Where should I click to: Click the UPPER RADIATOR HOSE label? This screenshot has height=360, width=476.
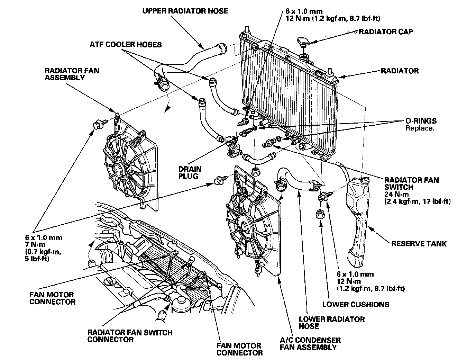click(x=185, y=11)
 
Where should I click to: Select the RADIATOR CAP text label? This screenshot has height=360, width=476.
click(x=386, y=32)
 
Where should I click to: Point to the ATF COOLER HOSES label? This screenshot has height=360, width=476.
click(x=126, y=45)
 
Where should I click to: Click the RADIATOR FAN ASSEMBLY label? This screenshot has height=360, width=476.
click(x=72, y=74)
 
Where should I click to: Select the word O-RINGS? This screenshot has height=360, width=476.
click(x=421, y=121)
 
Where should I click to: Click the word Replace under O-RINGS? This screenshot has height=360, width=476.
click(x=420, y=128)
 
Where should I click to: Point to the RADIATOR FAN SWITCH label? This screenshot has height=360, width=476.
click(x=411, y=183)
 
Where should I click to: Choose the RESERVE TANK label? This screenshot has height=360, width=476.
click(x=419, y=244)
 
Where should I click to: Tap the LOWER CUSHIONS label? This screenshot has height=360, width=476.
click(x=356, y=304)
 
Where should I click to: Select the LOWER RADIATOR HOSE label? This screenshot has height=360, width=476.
click(x=331, y=323)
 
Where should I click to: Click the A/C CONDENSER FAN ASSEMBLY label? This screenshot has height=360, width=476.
click(x=310, y=343)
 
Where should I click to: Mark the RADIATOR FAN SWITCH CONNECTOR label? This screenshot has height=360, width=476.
click(x=130, y=336)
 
